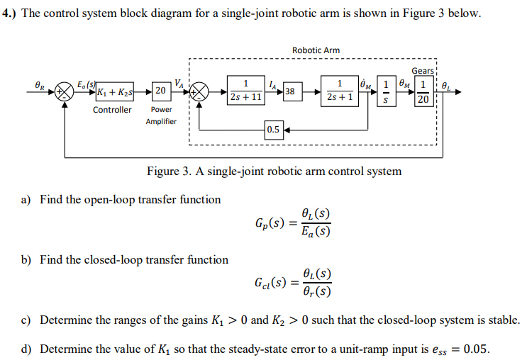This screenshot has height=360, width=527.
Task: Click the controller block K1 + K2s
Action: [116, 91]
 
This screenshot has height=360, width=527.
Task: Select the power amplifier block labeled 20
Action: [160, 91]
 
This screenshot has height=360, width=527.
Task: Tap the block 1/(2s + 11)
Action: [245, 91]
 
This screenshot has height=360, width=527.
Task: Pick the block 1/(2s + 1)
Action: [340, 91]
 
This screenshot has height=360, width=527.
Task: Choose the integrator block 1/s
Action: [385, 91]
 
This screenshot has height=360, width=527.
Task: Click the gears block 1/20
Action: [423, 91]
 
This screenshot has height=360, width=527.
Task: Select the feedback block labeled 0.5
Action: [273, 130]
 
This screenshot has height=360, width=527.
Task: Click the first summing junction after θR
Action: [65, 91]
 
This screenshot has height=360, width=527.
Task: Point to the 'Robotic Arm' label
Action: [316, 50]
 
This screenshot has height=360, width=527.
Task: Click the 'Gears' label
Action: [423, 71]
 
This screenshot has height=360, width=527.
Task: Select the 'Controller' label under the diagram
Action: [112, 110]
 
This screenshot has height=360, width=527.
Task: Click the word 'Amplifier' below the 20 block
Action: [161, 121]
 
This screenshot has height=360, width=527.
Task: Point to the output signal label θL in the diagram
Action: [445, 84]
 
